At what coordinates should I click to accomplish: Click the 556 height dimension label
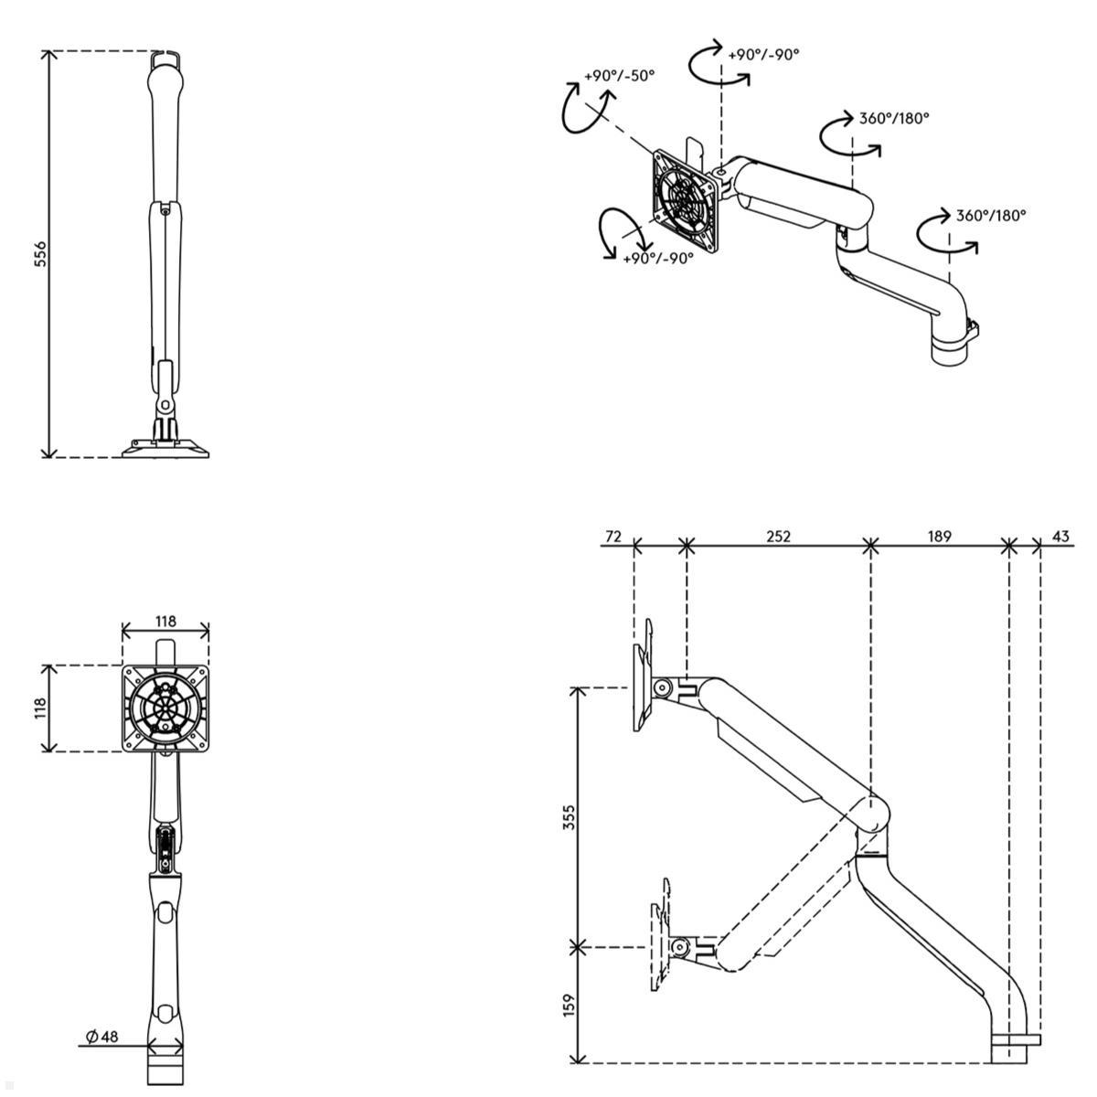point(39,254)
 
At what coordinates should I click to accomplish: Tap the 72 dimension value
point(613,537)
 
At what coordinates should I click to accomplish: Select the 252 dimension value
point(778,537)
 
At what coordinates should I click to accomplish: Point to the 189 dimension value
point(939,537)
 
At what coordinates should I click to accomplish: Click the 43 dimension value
point(1060,537)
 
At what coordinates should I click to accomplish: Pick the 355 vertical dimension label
point(570,817)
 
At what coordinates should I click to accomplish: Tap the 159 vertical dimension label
point(570,1006)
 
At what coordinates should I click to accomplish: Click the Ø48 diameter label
point(102,1037)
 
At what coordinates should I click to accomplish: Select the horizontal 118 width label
point(165,622)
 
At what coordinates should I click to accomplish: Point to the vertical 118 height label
point(40,708)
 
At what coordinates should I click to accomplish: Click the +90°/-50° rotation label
point(619,76)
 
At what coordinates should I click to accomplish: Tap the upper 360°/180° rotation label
point(894,118)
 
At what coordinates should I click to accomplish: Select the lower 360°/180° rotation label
point(991,216)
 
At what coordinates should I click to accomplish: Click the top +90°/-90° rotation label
point(763,55)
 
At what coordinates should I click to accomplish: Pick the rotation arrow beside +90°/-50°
point(574,108)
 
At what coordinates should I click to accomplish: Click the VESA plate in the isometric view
point(686,200)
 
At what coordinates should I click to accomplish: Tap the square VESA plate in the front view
point(165,708)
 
